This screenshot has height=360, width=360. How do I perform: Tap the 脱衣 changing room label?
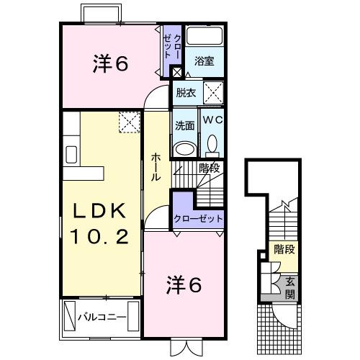(x=186, y=92)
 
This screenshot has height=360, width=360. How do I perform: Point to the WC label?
(x=212, y=120)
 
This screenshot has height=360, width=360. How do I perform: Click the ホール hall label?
(x=156, y=166)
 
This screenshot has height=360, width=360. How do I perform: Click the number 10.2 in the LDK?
(x=100, y=235)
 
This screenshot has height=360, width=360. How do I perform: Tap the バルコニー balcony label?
(x=102, y=317)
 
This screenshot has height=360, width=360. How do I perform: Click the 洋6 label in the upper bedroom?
(x=110, y=64)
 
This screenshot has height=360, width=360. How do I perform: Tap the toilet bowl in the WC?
(x=212, y=145)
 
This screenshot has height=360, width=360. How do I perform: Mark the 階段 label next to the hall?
(x=210, y=168)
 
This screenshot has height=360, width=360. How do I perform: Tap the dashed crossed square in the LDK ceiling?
(x=129, y=123)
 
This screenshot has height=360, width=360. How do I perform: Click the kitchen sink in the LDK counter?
(x=72, y=155)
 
